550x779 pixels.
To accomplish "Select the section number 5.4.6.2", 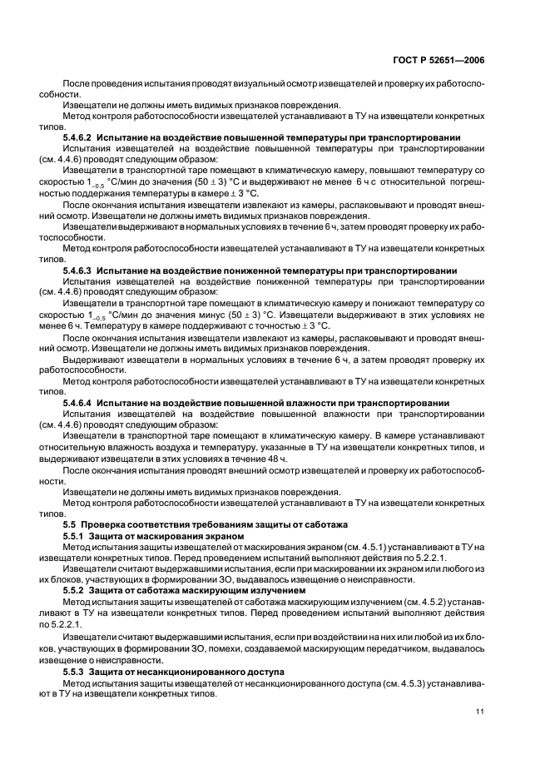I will tap(80, 136).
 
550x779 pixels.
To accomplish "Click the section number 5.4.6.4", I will tap(80, 402).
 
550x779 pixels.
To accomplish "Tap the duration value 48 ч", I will tap(277, 459).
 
